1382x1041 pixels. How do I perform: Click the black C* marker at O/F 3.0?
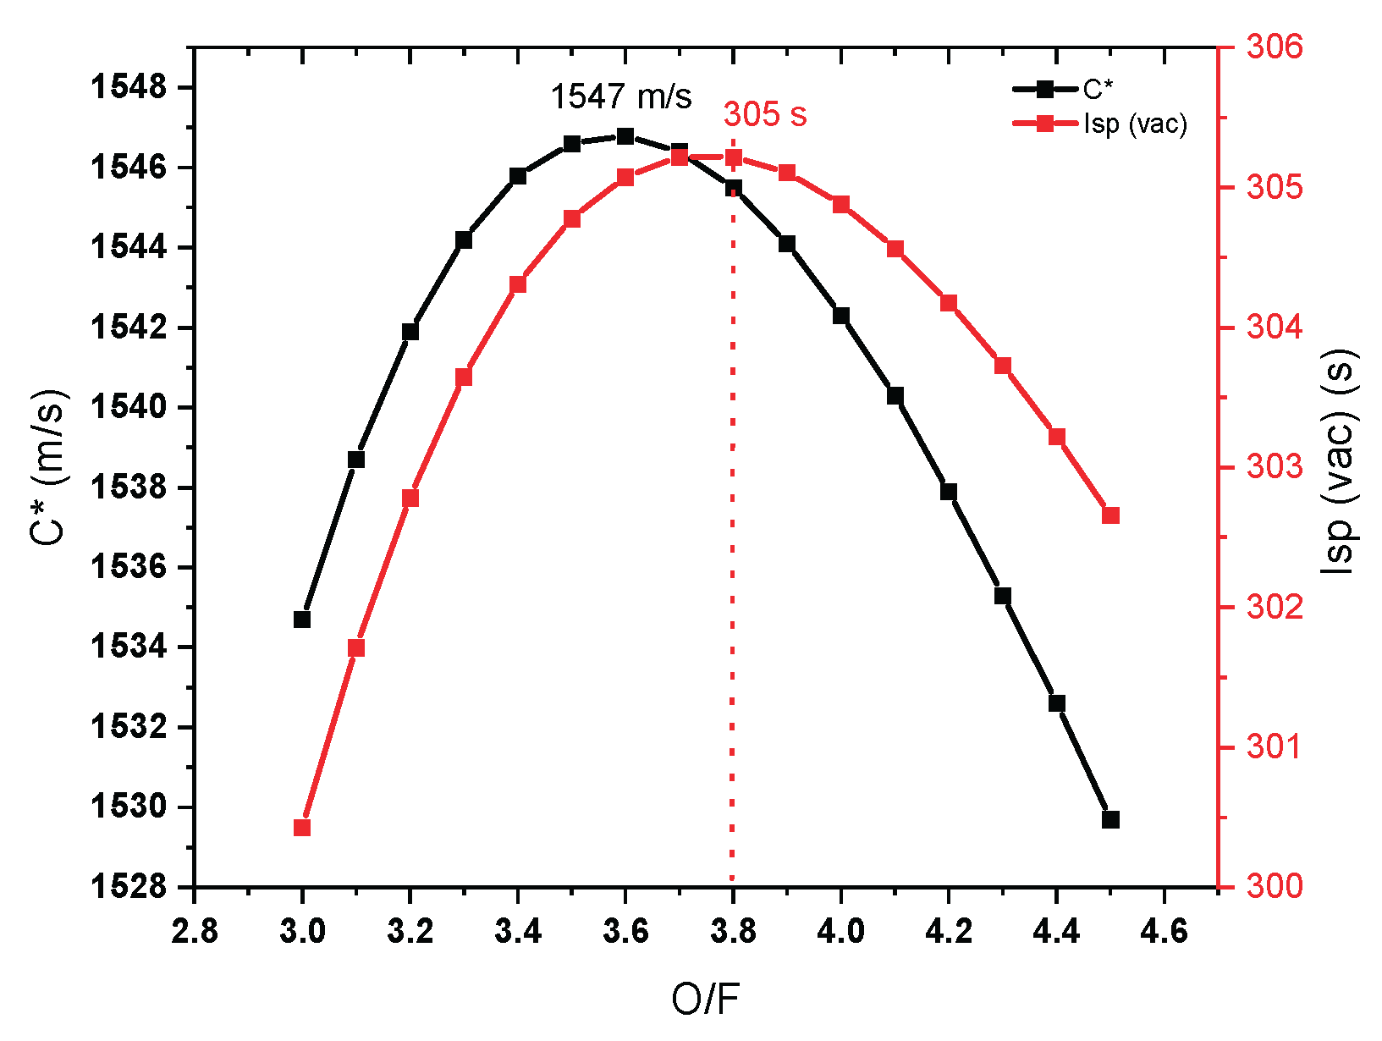click(302, 620)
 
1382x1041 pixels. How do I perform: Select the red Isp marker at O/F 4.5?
click(1111, 515)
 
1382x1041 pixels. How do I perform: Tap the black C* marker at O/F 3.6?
click(625, 136)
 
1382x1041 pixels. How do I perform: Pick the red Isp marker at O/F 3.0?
click(302, 828)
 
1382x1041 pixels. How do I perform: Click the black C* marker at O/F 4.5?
click(1111, 819)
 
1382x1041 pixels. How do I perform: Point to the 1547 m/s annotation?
click(621, 96)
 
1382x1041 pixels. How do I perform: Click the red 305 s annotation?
click(765, 114)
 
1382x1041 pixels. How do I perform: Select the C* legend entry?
click(1097, 89)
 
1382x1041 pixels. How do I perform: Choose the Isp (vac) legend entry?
click(1134, 124)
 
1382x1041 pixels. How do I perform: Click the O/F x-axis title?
click(705, 1000)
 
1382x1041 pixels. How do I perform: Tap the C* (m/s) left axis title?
click(48, 467)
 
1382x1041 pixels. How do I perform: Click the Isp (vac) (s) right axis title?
click(1340, 462)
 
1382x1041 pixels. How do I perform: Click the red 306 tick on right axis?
click(1275, 47)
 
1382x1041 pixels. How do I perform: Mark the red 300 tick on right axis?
click(1275, 887)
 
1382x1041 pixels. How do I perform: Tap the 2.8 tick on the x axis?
click(195, 932)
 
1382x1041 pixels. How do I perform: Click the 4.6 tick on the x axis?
click(1165, 932)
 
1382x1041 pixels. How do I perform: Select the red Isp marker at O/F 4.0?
click(841, 205)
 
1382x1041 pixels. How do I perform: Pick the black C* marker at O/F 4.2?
click(949, 492)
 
